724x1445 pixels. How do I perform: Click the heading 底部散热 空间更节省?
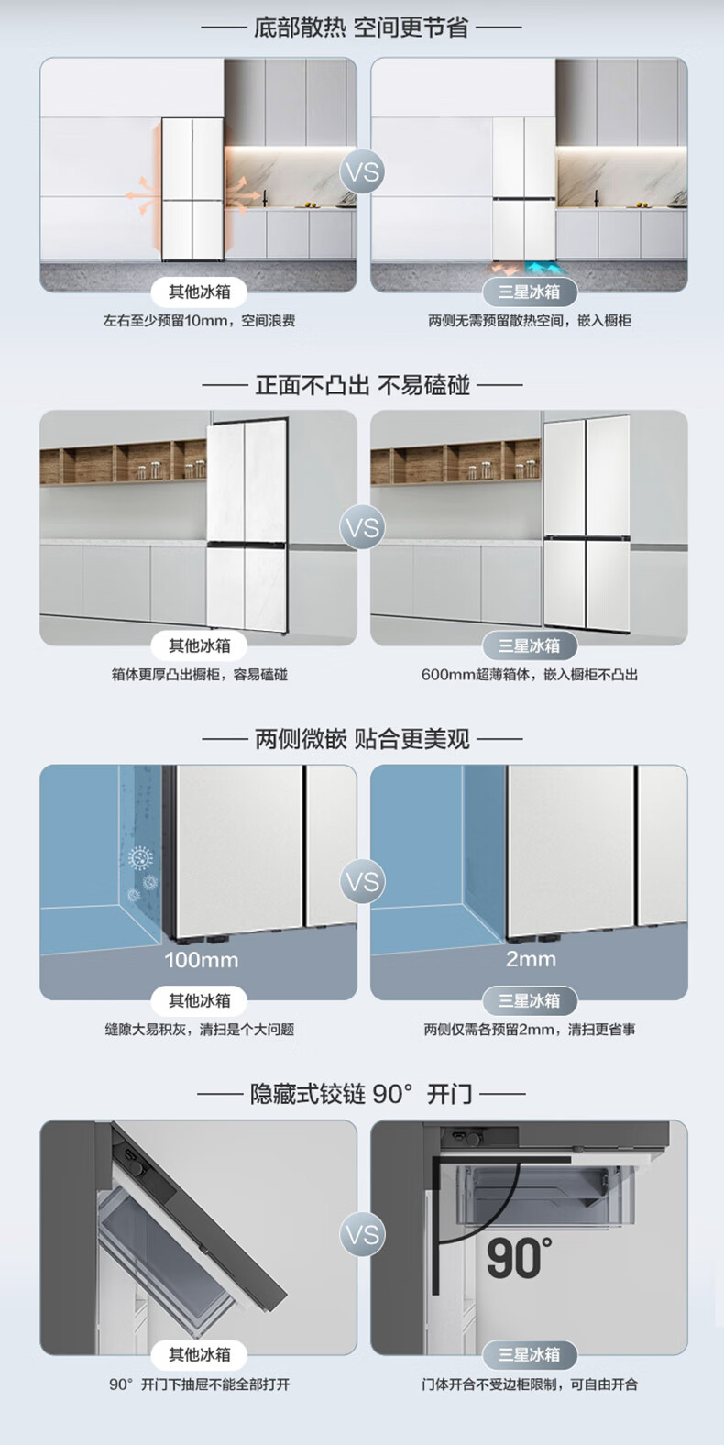coord(361,28)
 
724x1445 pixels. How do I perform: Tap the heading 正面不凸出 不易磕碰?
coord(361,384)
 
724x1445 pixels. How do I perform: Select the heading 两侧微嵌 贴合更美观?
coord(361,738)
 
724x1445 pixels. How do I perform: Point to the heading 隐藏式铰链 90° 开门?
coord(361,1093)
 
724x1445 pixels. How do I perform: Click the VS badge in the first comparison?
coord(363,172)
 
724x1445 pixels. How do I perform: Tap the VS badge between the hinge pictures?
coord(363,1234)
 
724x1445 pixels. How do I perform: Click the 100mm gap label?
coord(201,960)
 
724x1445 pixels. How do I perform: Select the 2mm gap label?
coord(531,959)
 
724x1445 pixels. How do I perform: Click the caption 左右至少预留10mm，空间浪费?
coord(199,321)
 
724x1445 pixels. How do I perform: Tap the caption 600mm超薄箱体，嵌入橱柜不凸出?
coord(529,675)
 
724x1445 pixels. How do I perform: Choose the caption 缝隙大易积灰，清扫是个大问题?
coord(199,1030)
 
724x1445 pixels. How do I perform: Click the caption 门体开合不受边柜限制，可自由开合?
coord(529,1384)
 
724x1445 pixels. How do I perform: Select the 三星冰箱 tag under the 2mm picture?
coord(529,1000)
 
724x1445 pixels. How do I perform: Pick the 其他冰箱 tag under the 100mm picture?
coord(199,1000)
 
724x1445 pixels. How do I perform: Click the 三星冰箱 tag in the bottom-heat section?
coord(529,292)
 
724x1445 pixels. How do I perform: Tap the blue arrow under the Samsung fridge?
coord(544,269)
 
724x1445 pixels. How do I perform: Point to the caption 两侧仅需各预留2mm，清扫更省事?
coord(529,1030)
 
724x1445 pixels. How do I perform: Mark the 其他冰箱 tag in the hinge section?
coord(199,1354)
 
